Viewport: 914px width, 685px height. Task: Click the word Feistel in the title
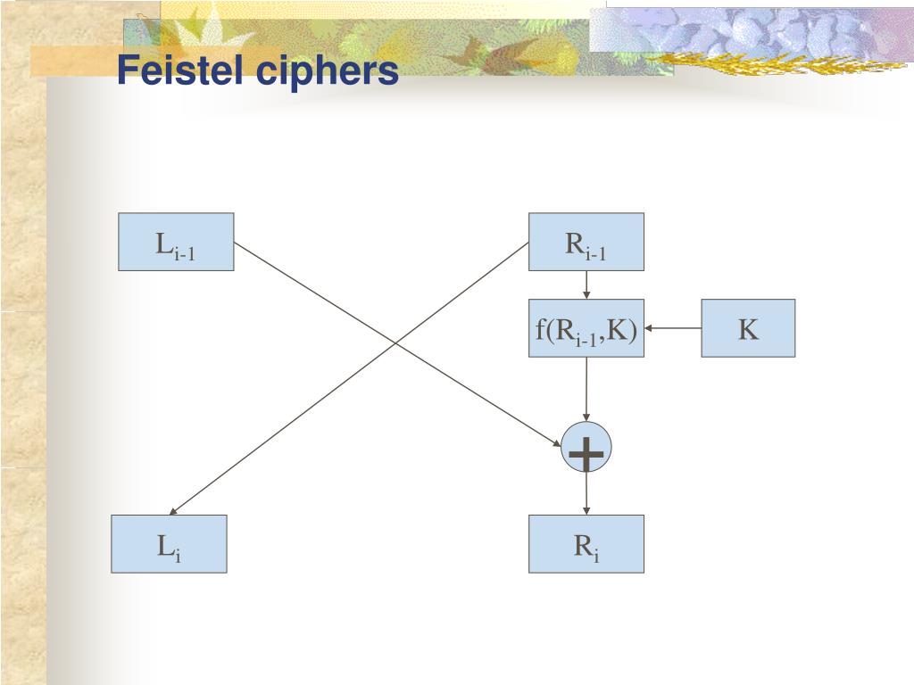(184, 70)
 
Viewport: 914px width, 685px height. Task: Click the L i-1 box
(176, 242)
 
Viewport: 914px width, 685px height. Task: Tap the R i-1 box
(586, 242)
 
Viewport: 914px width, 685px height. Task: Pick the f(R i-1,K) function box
(586, 328)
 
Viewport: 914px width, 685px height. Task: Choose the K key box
(747, 328)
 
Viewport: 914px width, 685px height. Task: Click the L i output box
(169, 543)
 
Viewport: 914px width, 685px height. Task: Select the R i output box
(586, 543)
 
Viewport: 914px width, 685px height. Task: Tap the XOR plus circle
(586, 450)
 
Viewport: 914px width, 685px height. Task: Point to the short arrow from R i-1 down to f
(586, 285)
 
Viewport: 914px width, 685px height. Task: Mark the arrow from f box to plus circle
(586, 389)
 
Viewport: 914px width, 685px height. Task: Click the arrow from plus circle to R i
(586, 494)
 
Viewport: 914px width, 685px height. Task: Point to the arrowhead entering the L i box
(174, 511)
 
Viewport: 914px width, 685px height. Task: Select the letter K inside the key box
(747, 329)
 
